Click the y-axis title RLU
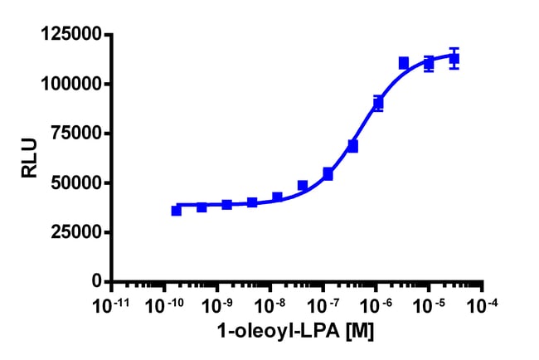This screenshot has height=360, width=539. tap(30, 158)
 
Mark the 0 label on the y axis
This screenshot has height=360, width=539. tap(98, 282)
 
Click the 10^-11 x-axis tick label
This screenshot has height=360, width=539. tap(113, 305)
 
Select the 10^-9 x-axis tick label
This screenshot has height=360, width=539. tap(217, 305)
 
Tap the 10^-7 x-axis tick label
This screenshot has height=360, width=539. tap(323, 305)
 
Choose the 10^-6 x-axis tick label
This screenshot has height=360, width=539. tap(376, 305)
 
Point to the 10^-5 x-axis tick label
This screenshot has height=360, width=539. tap(430, 305)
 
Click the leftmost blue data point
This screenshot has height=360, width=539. tap(177, 211)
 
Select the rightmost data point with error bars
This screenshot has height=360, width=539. tap(454, 59)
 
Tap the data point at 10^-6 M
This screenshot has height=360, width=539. tap(378, 104)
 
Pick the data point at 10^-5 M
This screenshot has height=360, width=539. tap(429, 63)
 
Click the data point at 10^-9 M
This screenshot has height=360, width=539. tap(226, 204)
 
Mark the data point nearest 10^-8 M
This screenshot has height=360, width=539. tap(277, 197)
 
